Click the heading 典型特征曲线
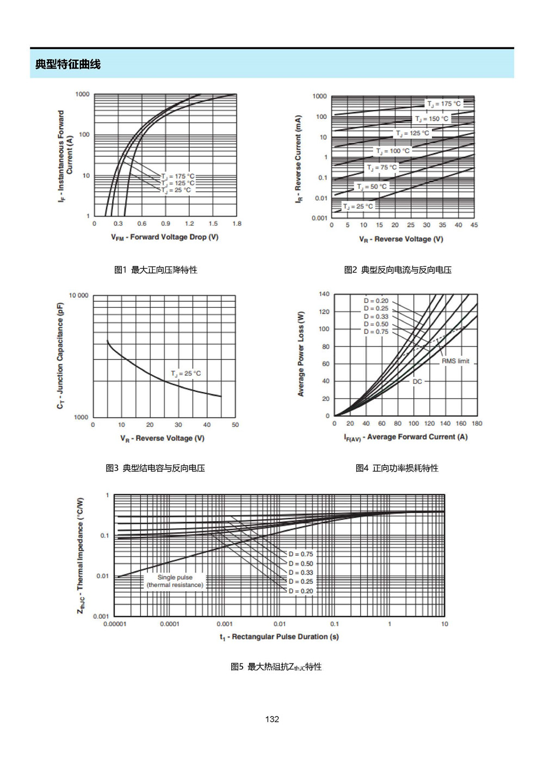[68, 64]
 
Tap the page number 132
[272, 719]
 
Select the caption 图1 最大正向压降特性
[156, 270]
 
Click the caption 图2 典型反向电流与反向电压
[398, 270]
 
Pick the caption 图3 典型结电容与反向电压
[155, 468]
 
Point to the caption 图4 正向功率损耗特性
[397, 468]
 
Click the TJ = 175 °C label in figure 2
[443, 103]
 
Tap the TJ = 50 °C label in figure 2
[372, 187]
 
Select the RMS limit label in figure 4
[455, 361]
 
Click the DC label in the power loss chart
[417, 381]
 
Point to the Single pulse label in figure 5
[175, 577]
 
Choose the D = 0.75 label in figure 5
[301, 554]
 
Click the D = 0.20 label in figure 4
[376, 301]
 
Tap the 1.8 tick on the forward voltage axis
[237, 224]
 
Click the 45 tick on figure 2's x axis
[474, 225]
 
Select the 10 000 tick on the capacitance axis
[78, 296]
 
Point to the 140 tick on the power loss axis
[324, 294]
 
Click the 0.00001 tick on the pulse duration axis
[115, 624]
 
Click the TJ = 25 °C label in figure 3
[186, 374]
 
